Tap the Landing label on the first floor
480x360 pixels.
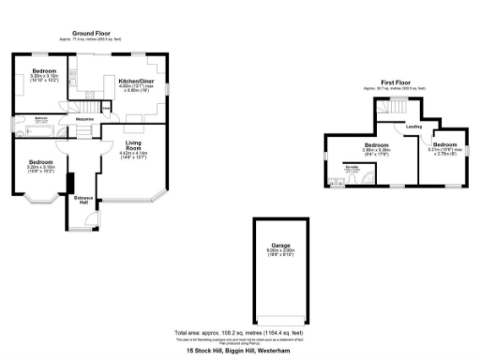point(412,127)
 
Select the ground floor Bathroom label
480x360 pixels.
point(41,118)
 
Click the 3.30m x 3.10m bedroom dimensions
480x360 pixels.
point(44,77)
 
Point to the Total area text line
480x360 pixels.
point(239,333)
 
